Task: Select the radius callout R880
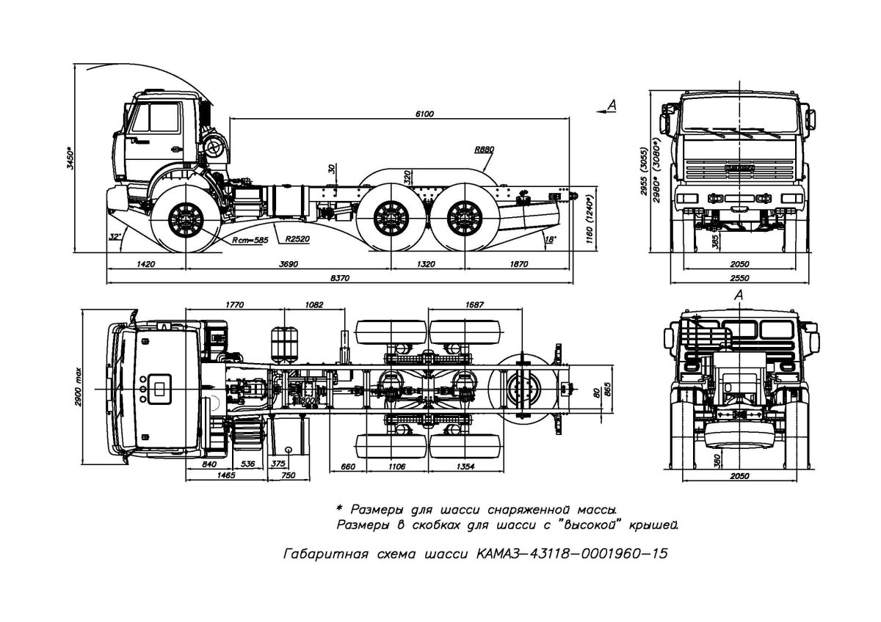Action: (484, 149)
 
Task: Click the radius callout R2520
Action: (297, 238)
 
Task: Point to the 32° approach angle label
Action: (115, 237)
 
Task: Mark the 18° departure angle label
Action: (551, 238)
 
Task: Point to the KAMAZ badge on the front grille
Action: (738, 169)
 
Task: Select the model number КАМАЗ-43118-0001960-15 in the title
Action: (573, 554)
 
